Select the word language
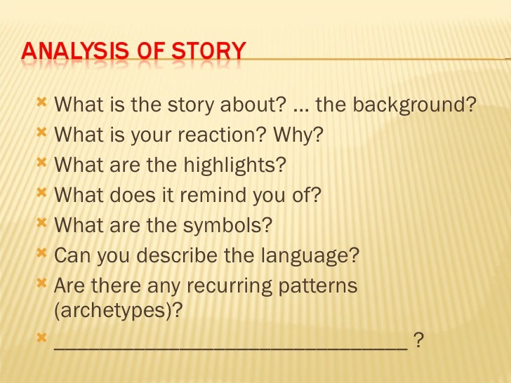point(307,255)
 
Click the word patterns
point(317,286)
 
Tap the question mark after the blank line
point(418,340)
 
